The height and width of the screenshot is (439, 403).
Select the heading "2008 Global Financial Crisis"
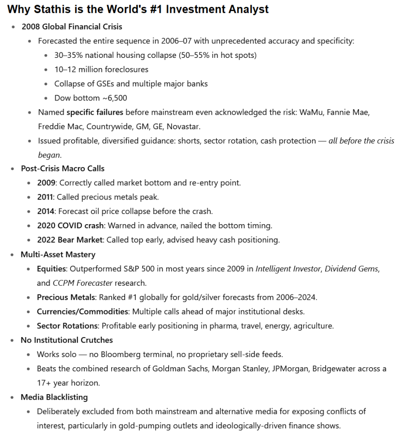click(72, 26)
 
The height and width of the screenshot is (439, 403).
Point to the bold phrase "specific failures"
click(95, 112)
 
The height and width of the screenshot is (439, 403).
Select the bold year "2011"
click(46, 197)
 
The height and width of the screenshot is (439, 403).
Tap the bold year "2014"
click(46, 211)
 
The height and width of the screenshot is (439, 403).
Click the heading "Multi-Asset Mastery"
click(58, 254)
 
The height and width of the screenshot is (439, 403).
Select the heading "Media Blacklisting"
click(54, 397)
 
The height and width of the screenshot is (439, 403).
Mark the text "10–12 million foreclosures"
click(101, 69)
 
